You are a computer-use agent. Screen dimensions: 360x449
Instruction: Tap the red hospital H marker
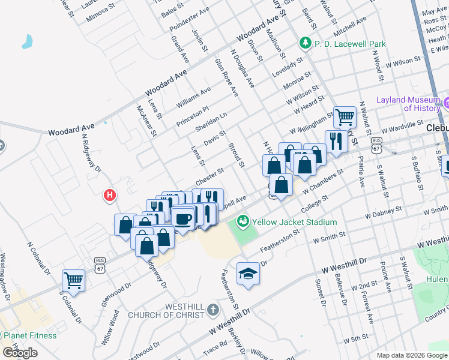[x=110, y=195]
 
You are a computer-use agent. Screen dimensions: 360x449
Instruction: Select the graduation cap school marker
[x=248, y=274]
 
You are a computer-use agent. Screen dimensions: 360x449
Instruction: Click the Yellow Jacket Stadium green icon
[x=243, y=222]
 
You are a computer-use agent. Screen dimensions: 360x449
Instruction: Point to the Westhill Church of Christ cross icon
[x=212, y=310]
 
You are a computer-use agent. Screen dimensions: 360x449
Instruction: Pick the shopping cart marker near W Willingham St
[x=345, y=116]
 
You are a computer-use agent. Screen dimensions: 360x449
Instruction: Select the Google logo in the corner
[x=19, y=353]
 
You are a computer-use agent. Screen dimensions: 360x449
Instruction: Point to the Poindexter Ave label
[x=189, y=19]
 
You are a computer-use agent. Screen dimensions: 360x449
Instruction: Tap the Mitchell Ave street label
[x=350, y=28]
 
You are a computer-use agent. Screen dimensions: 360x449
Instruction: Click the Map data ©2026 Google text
[x=412, y=355]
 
